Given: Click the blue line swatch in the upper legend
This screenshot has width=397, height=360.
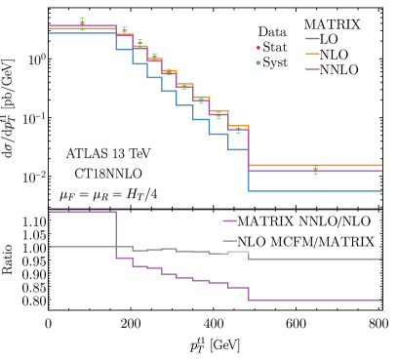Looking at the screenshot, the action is pyautogui.click(x=312, y=39).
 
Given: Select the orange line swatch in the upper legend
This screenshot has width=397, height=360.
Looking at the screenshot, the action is pyautogui.click(x=312, y=55).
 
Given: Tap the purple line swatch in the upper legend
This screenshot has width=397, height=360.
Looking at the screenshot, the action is pyautogui.click(x=312, y=69).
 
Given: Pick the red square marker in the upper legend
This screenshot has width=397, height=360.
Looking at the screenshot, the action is pyautogui.click(x=258, y=47).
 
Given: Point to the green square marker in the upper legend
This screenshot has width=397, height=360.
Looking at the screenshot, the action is pyautogui.click(x=258, y=62).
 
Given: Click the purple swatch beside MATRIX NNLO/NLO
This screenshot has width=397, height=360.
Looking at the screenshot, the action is pyautogui.click(x=229, y=221).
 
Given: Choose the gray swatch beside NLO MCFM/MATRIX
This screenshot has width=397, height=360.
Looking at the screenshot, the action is pyautogui.click(x=229, y=242).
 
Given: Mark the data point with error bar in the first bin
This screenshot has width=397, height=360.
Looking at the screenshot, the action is pyautogui.click(x=82, y=23).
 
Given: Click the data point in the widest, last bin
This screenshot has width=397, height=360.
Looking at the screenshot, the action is pyautogui.click(x=315, y=171).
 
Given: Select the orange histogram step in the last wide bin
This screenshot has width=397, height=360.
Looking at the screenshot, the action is pyautogui.click(x=315, y=166).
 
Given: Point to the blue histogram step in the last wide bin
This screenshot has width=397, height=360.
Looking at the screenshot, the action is pyautogui.click(x=315, y=191).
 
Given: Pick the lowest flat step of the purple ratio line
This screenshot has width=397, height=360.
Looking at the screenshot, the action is pyautogui.click(x=315, y=300).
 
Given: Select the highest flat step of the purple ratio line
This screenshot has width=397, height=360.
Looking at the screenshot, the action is pyautogui.click(x=82, y=212).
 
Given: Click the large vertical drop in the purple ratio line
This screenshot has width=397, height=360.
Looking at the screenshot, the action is pyautogui.click(x=116, y=234).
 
